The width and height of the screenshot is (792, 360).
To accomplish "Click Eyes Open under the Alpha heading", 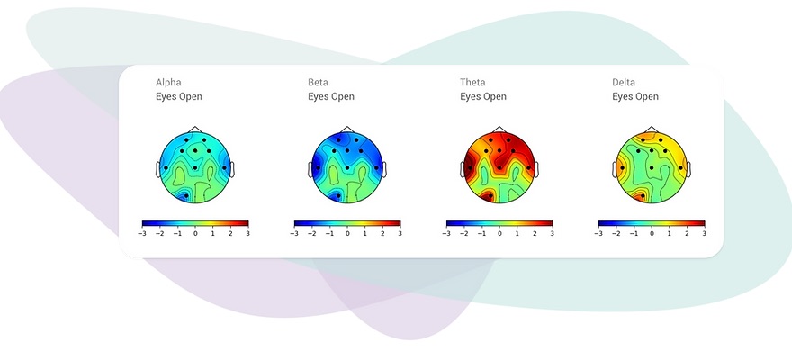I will coord(179,97).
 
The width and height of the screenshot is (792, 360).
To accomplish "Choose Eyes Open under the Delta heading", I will coord(635,97).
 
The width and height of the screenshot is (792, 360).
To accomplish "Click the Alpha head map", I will coord(195,166).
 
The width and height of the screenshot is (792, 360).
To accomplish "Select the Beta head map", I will coord(347,166).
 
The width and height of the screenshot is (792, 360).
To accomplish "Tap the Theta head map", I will coord(499,166).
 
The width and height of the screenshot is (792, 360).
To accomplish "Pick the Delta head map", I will coord(652,166).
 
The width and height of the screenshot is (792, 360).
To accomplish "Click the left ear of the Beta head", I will coord(310,168).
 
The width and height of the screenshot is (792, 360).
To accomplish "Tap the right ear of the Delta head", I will coord(688,168).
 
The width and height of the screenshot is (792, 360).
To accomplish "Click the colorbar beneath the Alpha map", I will coord(195,222).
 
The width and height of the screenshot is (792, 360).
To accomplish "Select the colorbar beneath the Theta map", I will coord(499,222).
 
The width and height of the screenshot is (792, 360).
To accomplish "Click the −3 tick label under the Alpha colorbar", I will coord(142,233).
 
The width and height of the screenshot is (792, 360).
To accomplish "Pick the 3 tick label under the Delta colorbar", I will coord(705,233).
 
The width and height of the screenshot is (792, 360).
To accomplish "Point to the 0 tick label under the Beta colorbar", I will coord(347,233).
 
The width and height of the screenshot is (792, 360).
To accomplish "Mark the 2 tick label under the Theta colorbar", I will coord(535,233).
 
